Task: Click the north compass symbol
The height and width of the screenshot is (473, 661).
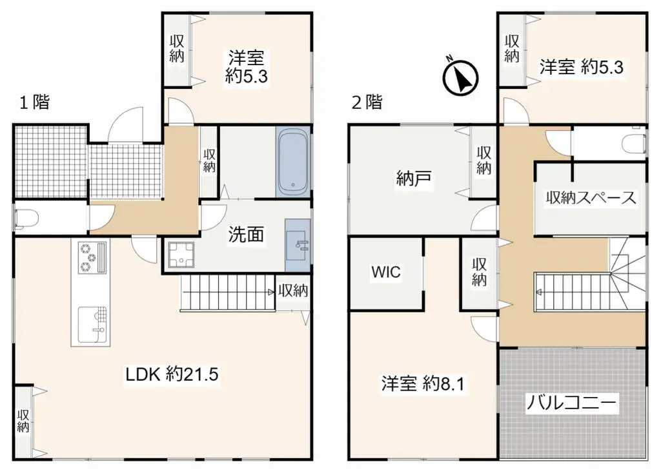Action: (x=460, y=77)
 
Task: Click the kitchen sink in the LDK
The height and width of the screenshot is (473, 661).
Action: (x=90, y=325)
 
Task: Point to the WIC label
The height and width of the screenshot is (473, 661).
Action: (x=385, y=272)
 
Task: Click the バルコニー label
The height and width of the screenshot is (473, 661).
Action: (x=572, y=404)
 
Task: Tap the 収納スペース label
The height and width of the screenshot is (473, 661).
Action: (x=591, y=198)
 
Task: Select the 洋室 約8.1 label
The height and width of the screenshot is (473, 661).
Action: (x=423, y=384)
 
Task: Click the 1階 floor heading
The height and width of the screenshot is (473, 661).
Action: (x=34, y=102)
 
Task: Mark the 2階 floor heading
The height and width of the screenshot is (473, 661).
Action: (x=366, y=102)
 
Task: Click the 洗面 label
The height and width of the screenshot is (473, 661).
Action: (x=246, y=235)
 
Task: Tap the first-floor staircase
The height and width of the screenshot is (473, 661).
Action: (x=226, y=291)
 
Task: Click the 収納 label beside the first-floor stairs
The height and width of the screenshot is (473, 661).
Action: (x=293, y=291)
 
